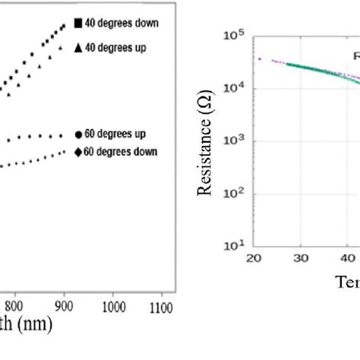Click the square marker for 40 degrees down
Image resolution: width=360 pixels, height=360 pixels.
77,24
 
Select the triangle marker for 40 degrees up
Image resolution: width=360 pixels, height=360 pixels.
77,48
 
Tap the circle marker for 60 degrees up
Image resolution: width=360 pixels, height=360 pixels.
79,134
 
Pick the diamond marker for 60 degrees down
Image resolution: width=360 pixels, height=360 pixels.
78,152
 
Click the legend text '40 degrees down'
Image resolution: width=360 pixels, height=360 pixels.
122,24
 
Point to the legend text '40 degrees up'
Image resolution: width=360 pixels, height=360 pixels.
115,48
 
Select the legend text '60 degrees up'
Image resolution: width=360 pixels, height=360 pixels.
115,134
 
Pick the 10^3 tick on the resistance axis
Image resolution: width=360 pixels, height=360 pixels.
235,141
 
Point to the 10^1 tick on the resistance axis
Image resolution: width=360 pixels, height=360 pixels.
235,246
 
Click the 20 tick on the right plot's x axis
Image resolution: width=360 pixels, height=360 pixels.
254,258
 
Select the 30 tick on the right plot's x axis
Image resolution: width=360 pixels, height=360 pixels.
300,258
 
